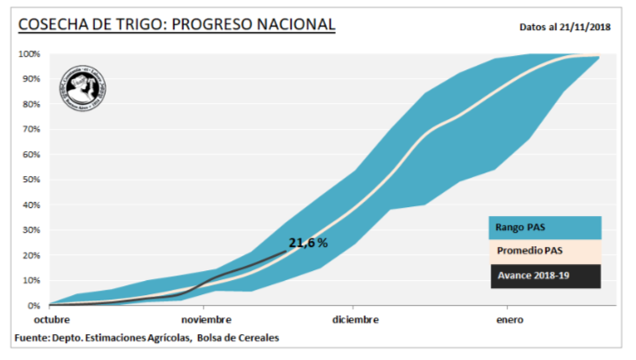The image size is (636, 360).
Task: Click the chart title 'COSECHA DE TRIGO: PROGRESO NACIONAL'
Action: click(x=177, y=24)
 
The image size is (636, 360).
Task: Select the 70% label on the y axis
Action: click(x=31, y=130)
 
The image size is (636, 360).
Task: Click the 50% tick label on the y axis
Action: click(x=31, y=180)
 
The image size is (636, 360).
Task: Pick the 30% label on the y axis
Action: click(x=31, y=230)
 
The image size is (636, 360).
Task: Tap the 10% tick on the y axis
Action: click(x=31, y=280)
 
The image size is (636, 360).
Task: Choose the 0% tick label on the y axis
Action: click(x=34, y=305)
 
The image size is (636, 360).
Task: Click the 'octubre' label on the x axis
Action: click(x=52, y=318)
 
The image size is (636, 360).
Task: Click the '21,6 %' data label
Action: click(x=308, y=243)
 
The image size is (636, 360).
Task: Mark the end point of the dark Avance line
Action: click(x=286, y=252)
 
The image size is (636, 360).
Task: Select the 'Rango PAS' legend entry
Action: click(x=544, y=228)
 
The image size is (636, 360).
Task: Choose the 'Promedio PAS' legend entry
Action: click(x=544, y=252)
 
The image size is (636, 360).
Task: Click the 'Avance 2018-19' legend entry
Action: click(x=544, y=276)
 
